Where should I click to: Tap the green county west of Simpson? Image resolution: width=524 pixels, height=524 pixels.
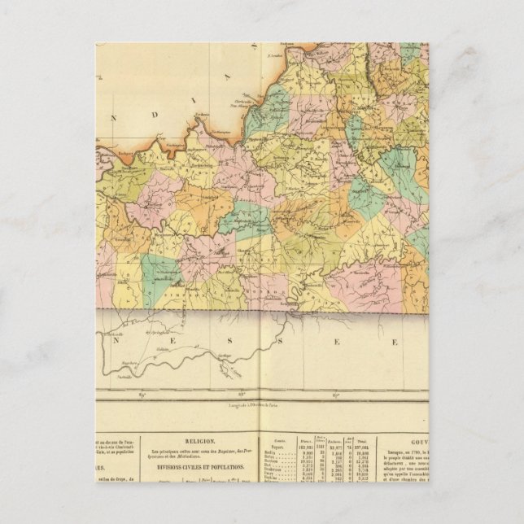click(x=159, y=273)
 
